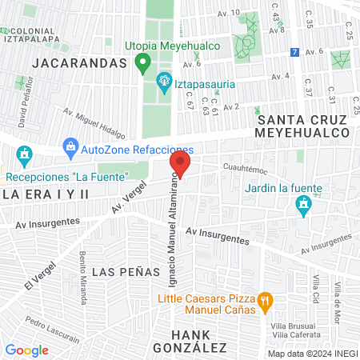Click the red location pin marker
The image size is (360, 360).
pos(180,166)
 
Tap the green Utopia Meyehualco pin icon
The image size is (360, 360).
pos(143,62)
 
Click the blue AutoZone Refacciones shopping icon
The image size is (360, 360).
pos(72,148)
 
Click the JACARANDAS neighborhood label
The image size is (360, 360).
pos(70,62)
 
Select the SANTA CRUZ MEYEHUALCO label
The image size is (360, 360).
pos(303,125)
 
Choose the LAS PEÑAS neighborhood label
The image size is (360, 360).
pos(126,272)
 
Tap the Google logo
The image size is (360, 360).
pos(27,350)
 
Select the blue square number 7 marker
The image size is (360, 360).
pos(295,53)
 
